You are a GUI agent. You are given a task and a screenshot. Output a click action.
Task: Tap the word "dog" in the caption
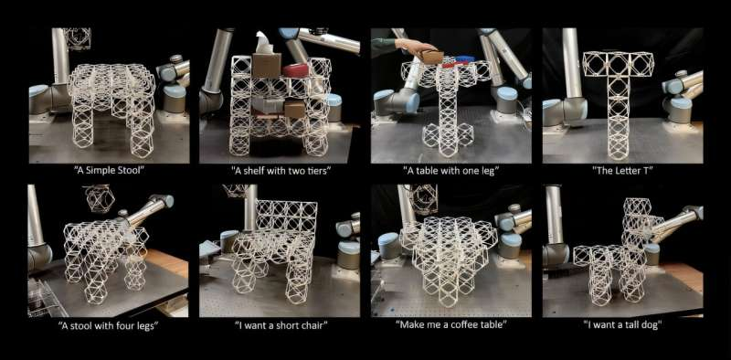pos(650,326)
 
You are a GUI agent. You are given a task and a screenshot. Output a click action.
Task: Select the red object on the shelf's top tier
pos(295,69)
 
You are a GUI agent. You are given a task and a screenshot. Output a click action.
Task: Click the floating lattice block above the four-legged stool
pos(97,196)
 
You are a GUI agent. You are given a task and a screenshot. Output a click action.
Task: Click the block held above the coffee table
pos(422,197)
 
